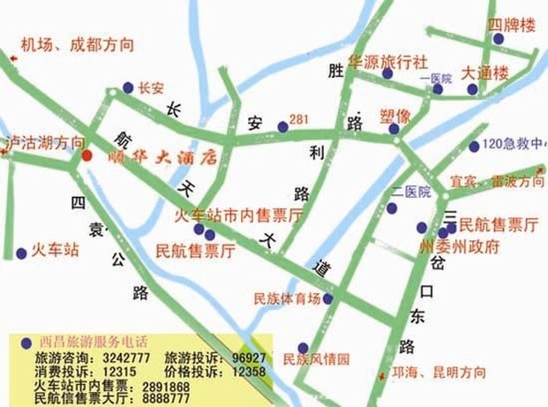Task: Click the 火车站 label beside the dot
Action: point(55,250)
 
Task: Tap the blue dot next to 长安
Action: point(128,87)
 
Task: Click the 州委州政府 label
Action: point(459,246)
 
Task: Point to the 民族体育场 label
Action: point(286,298)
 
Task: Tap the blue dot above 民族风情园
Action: point(303,347)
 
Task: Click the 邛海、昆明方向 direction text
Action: point(438,373)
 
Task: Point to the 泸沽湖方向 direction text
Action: point(46,141)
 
